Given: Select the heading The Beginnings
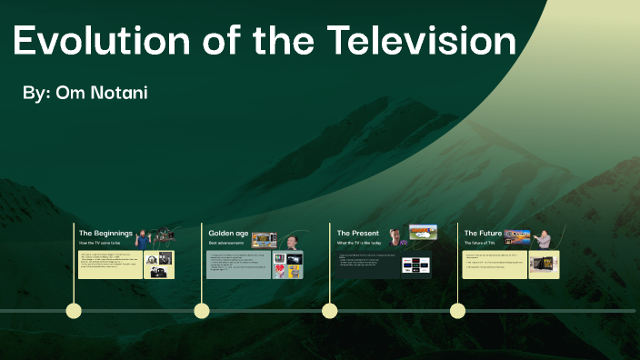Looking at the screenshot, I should coord(105,234).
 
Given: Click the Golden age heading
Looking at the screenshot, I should coord(228,234).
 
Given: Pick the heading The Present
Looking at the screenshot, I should coord(358,234).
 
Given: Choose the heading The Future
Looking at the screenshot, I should coord(484,234).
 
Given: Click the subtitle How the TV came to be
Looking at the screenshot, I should coord(101,244).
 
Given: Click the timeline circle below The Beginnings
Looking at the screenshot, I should coord(74,311).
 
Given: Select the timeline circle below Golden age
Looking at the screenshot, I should coord(202,311).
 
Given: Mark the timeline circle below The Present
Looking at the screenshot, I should coord(330,311).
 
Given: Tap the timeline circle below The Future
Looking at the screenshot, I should coord(458,311).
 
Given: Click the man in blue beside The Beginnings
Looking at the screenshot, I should coord(144,238).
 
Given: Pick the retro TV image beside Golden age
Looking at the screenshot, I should coord(264,240).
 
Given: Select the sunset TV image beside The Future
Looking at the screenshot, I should coord(517,235).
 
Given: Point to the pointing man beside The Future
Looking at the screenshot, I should coord(544,239).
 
